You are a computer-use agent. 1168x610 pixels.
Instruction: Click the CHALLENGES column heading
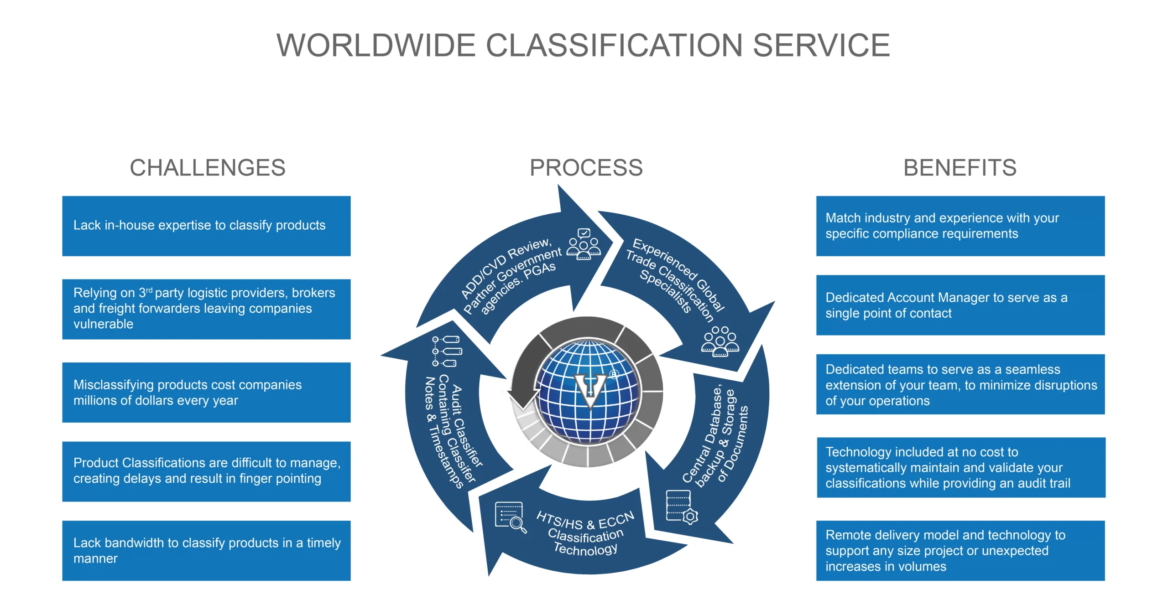pyautogui.click(x=208, y=168)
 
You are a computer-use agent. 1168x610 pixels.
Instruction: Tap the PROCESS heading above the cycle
pyautogui.click(x=586, y=168)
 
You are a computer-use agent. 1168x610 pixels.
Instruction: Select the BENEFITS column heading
pyautogui.click(x=960, y=168)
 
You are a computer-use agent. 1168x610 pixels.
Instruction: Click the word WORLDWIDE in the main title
pyautogui.click(x=376, y=46)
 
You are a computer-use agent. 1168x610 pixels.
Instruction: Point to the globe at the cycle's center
pyautogui.click(x=588, y=391)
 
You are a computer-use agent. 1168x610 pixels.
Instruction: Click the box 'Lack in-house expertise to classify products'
pyautogui.click(x=206, y=226)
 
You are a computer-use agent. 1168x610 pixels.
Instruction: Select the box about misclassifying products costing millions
pyautogui.click(x=206, y=393)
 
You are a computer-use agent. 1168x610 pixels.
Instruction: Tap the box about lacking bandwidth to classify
pyautogui.click(x=206, y=551)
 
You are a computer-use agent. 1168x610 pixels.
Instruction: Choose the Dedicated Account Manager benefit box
pyautogui.click(x=960, y=305)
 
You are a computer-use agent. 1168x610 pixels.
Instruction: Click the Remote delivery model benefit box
pyautogui.click(x=960, y=551)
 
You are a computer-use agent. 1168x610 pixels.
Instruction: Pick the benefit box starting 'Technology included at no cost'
pyautogui.click(x=961, y=467)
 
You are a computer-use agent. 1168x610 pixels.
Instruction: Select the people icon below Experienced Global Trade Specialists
pyautogui.click(x=720, y=341)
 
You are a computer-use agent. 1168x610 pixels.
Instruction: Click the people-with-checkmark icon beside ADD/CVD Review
pyautogui.click(x=584, y=244)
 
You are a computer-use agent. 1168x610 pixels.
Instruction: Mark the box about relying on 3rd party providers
pyautogui.click(x=206, y=309)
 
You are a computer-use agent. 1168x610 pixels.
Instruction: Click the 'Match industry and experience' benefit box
pyautogui.click(x=960, y=226)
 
